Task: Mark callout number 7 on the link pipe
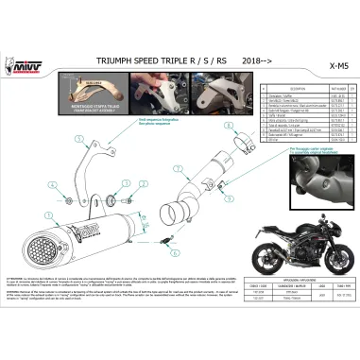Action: pos(179,165)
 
